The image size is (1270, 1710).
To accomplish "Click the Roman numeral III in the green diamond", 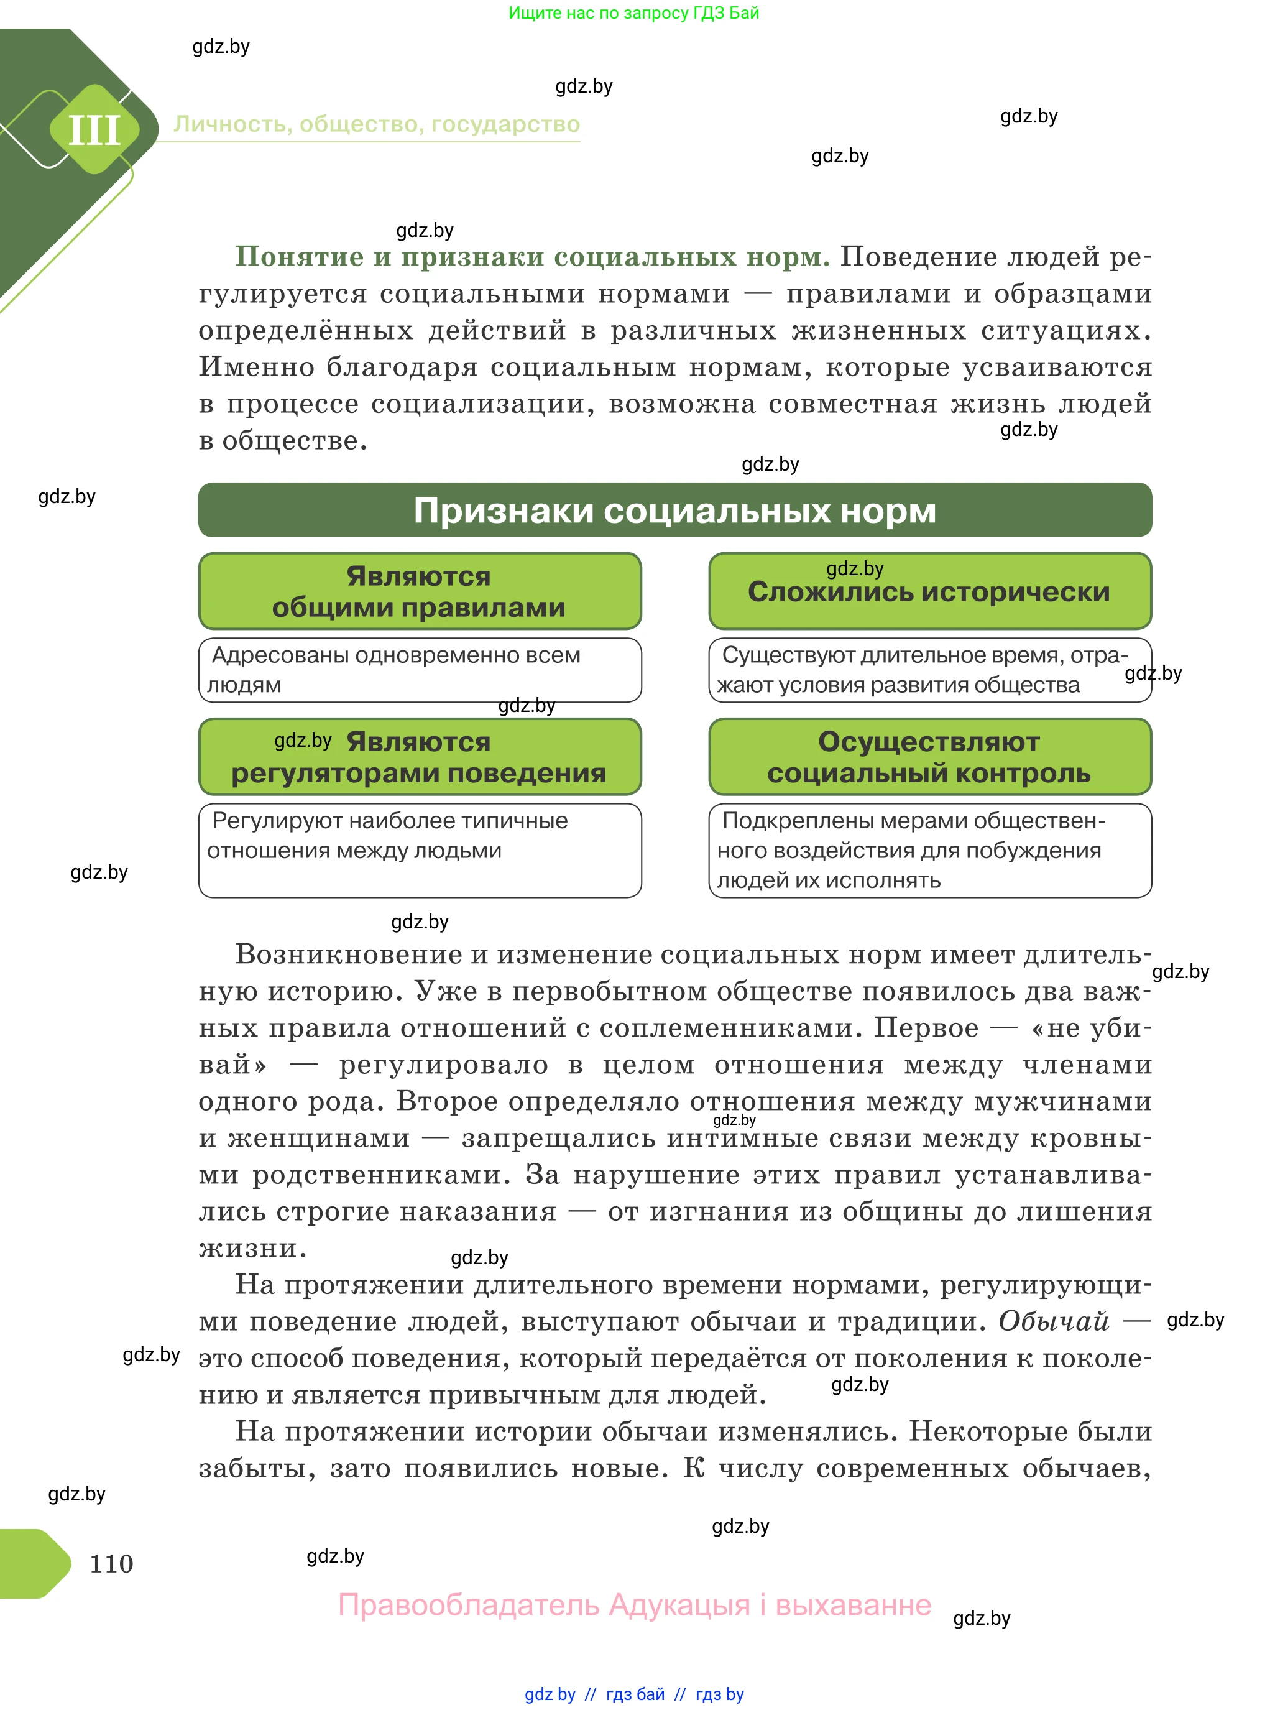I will click(94, 129).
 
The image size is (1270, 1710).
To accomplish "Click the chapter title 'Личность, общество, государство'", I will click(376, 124).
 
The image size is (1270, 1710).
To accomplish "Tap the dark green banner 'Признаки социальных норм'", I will click(674, 510).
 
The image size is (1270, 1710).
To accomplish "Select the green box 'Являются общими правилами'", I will click(419, 591).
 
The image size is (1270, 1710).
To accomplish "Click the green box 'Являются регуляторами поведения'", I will click(419, 757).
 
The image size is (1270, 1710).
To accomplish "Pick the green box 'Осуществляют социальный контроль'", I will click(929, 757).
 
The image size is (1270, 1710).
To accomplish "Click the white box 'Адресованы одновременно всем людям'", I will click(419, 670).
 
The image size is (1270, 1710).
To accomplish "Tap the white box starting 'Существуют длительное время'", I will click(929, 670).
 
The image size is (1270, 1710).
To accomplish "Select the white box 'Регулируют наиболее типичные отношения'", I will click(419, 849).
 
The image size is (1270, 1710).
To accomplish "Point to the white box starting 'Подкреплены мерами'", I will click(929, 849).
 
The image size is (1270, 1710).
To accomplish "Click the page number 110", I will click(111, 1563).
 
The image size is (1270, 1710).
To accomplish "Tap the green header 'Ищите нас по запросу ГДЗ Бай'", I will click(633, 12).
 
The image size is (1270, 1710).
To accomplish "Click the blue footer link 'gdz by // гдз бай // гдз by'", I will click(633, 1694).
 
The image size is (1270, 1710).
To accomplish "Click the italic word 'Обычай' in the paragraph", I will click(1053, 1321).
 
